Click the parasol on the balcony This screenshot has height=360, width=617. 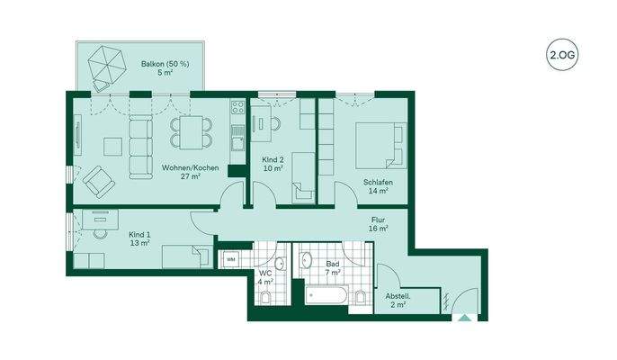click(x=109, y=66)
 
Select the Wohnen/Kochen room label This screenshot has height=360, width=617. click(x=181, y=172)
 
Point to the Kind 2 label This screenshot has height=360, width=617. click(x=273, y=163)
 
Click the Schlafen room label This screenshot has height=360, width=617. click(x=377, y=186)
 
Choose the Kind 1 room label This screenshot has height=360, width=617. click(x=139, y=238)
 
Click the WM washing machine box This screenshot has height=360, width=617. click(x=230, y=260)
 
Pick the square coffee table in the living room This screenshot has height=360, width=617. click(x=113, y=145)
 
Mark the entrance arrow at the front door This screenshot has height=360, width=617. click(x=462, y=316)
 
